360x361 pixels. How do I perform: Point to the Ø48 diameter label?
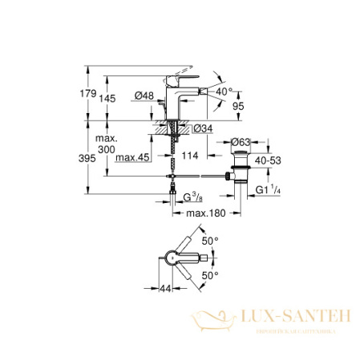[144, 96]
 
